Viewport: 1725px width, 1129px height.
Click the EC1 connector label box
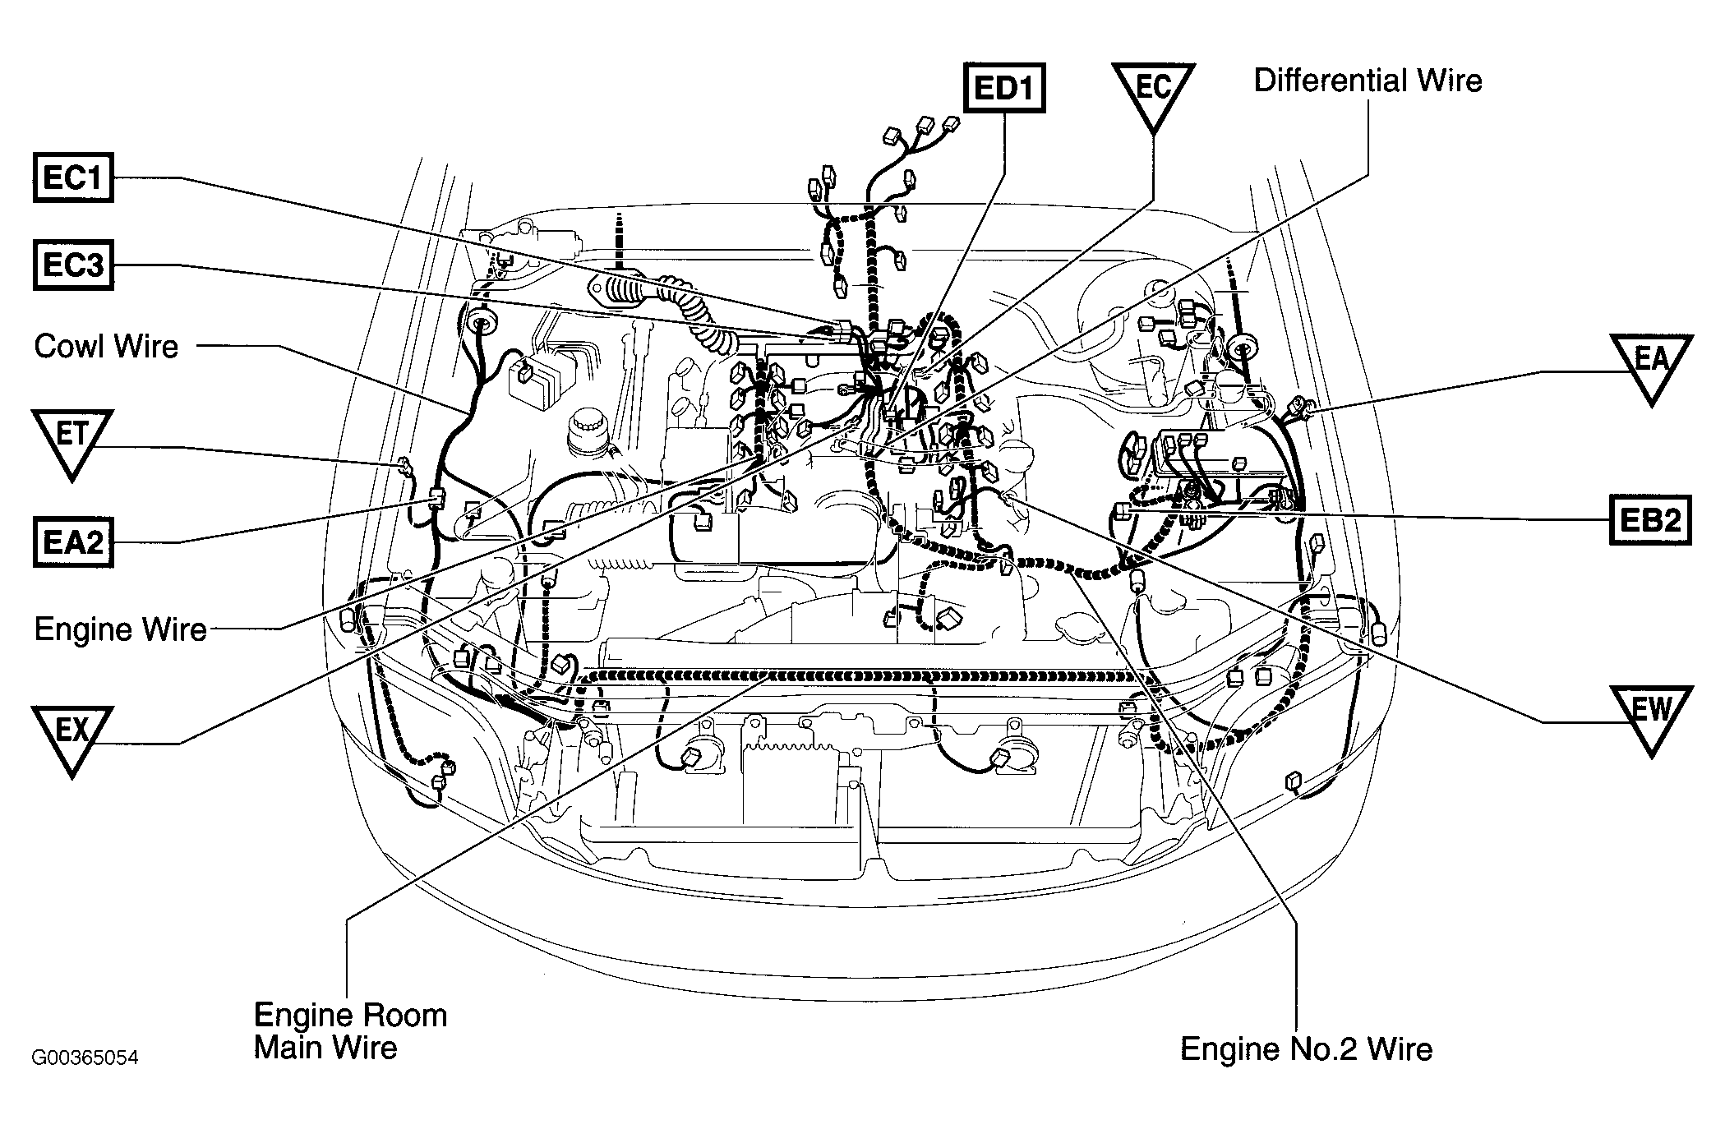(x=73, y=177)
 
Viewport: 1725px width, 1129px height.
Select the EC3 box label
(x=73, y=265)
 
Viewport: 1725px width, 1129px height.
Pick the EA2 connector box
(x=73, y=542)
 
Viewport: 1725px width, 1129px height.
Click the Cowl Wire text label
(x=106, y=346)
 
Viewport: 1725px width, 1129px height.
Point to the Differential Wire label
(x=1368, y=81)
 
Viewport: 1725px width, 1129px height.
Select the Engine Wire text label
(x=120, y=629)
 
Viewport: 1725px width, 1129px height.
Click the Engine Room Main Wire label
(x=351, y=1030)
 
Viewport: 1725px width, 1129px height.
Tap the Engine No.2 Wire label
(x=1306, y=1048)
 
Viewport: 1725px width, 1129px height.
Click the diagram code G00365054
(x=85, y=1057)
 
